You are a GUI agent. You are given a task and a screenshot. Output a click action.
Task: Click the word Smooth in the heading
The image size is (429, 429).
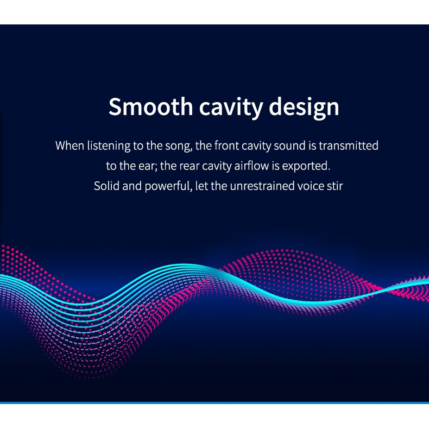click(x=151, y=106)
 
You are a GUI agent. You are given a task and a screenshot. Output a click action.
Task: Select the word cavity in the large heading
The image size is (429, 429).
click(x=231, y=108)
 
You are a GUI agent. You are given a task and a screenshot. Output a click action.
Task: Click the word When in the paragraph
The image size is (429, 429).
click(x=70, y=146)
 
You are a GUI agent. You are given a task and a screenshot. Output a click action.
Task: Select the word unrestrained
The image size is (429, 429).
click(x=262, y=186)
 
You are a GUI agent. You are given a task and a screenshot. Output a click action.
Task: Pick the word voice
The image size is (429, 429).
click(x=311, y=186)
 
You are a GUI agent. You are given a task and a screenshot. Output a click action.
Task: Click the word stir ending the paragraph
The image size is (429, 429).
click(x=335, y=186)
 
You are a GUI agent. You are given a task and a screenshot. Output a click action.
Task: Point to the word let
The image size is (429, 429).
click(x=202, y=186)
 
